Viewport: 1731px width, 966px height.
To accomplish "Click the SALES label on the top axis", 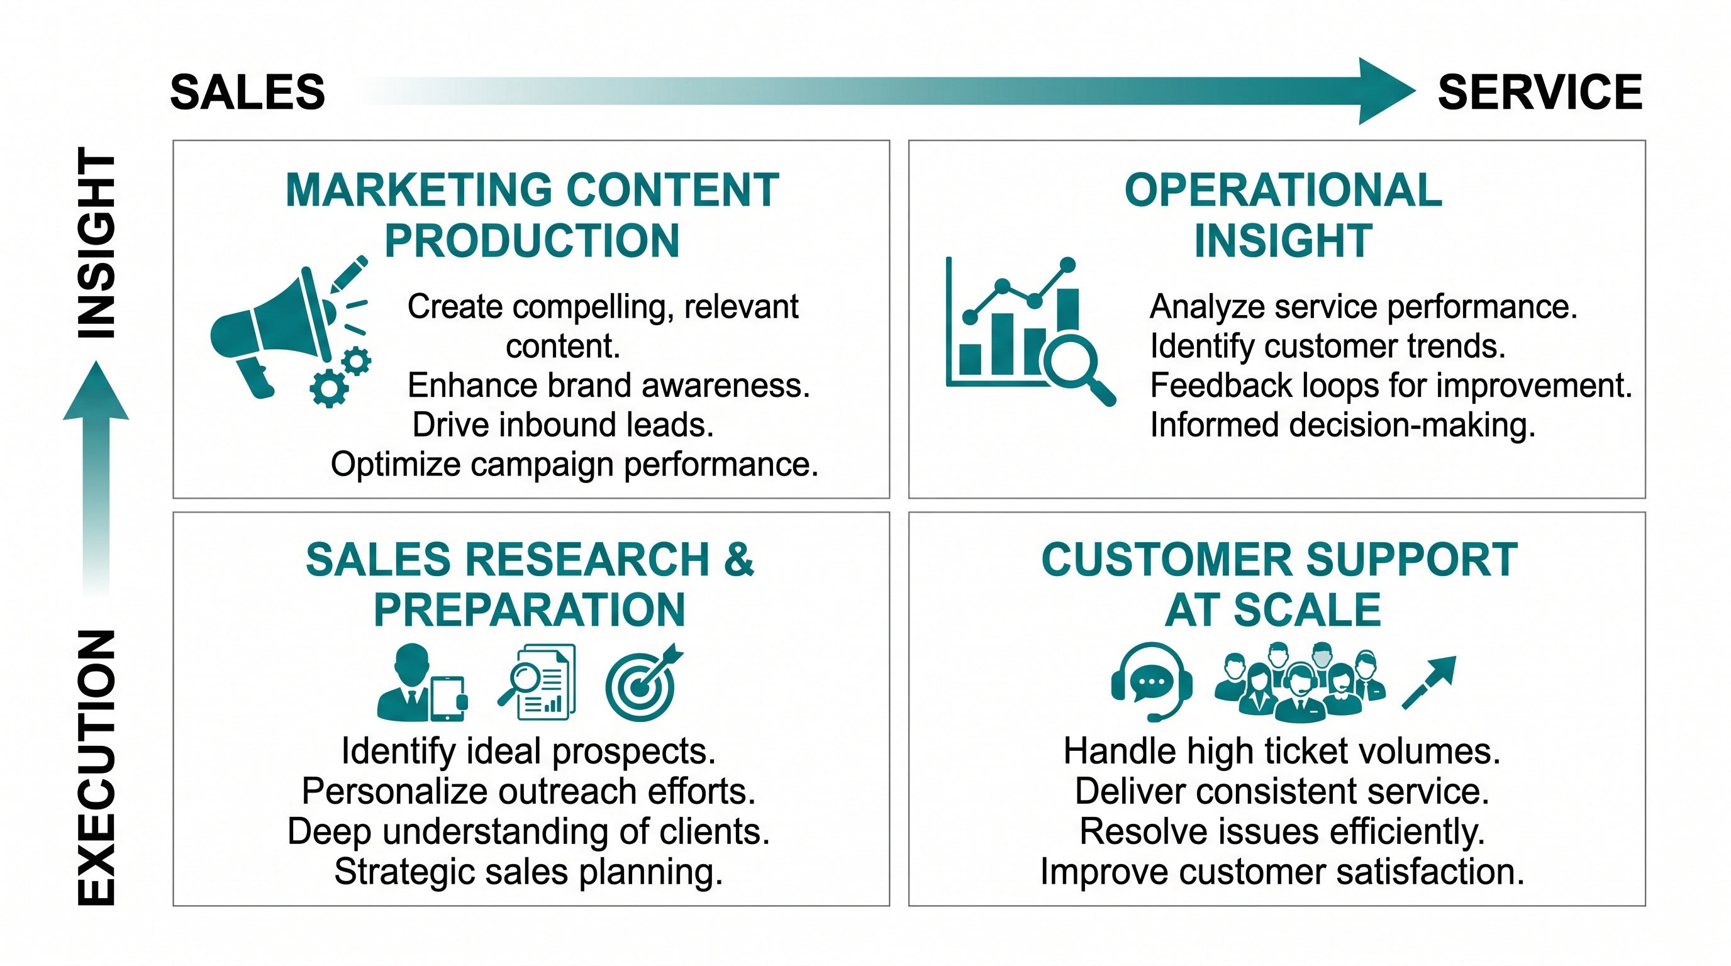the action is pyautogui.click(x=247, y=92).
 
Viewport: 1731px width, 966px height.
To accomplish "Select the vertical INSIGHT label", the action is pyautogui.click(x=97, y=243).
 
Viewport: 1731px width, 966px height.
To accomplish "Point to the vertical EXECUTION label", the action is pyautogui.click(x=97, y=767).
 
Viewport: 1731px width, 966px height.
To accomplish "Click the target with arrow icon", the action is pyautogui.click(x=643, y=683).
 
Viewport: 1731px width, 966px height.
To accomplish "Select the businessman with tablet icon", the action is pyautogui.click(x=422, y=682).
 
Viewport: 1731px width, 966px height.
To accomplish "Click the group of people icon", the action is pyautogui.click(x=1300, y=682).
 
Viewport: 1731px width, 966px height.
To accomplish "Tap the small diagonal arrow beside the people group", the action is pyautogui.click(x=1428, y=682).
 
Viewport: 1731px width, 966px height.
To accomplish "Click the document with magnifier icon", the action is pyautogui.click(x=537, y=682).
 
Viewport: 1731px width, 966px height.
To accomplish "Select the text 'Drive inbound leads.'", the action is pyautogui.click(x=562, y=425).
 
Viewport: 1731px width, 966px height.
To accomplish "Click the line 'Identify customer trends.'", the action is pyautogui.click(x=1328, y=347).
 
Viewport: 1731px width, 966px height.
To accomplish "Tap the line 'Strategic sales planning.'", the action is pyautogui.click(x=528, y=872).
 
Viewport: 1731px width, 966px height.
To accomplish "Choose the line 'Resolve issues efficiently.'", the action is pyautogui.click(x=1282, y=831).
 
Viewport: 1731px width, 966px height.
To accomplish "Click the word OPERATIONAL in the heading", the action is pyautogui.click(x=1283, y=190).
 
